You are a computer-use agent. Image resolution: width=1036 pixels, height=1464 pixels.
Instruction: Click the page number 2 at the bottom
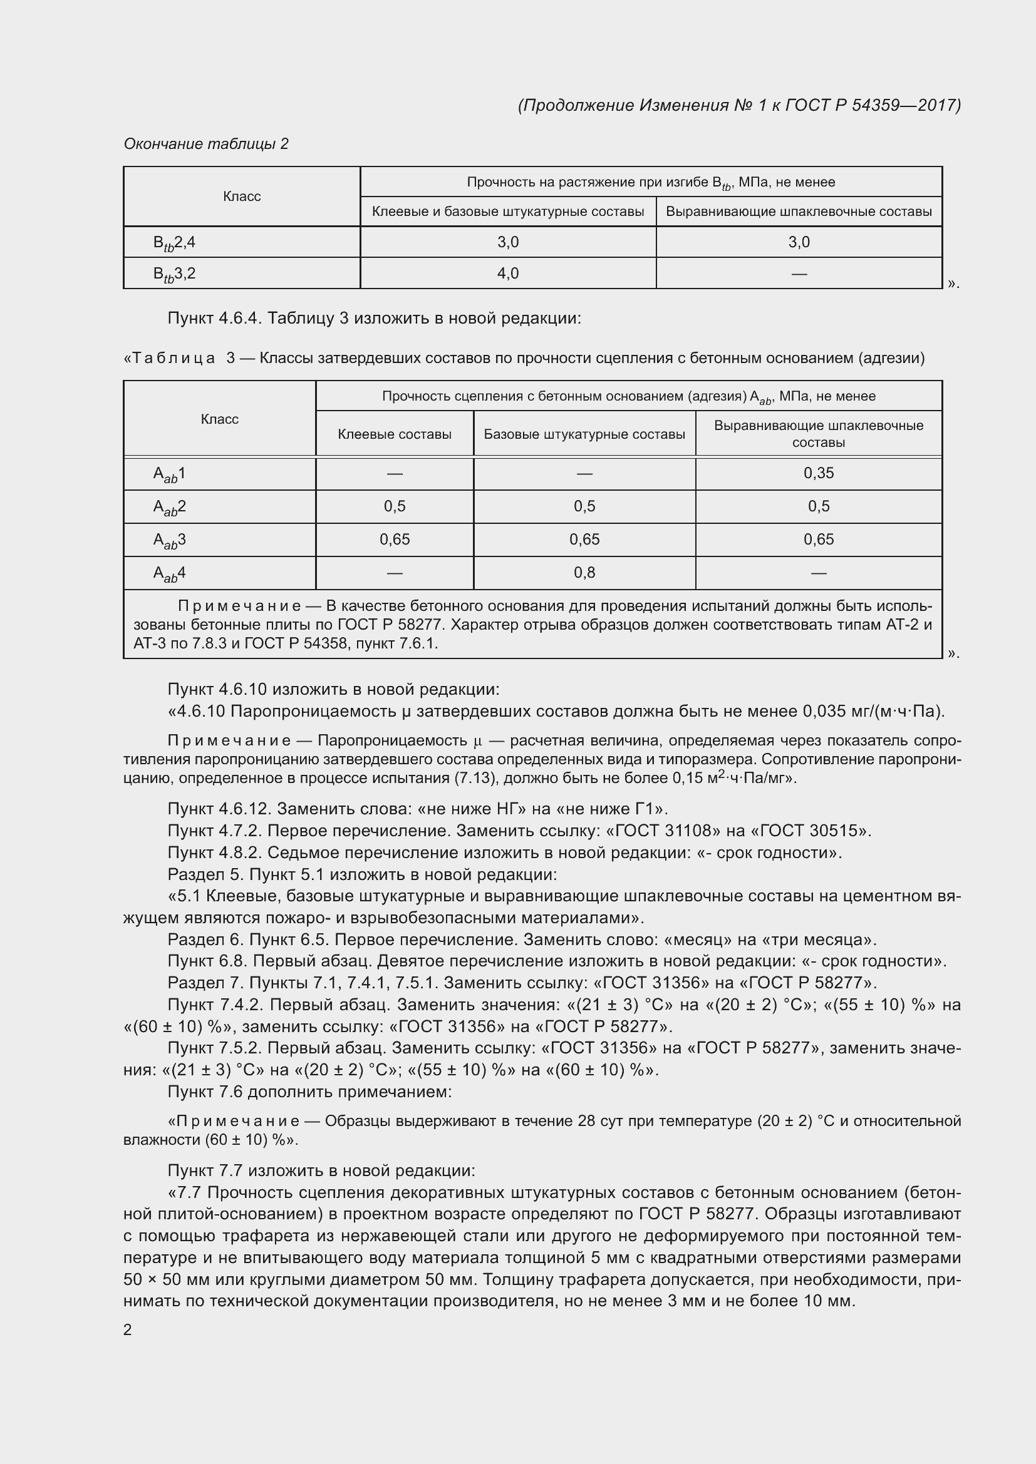128,1329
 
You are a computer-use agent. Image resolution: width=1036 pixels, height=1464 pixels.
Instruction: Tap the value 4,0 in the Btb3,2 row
508,274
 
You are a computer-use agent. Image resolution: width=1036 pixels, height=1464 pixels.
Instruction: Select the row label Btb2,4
174,242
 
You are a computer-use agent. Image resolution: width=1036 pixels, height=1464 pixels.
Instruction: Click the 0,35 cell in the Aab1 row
819,473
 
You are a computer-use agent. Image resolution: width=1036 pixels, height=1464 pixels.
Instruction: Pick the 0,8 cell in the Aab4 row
584,573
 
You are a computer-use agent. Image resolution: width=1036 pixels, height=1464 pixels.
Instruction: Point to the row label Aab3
169,540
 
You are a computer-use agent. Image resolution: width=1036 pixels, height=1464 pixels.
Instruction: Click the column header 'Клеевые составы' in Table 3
394,434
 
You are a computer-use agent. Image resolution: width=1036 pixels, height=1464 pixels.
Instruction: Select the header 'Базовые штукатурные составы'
584,434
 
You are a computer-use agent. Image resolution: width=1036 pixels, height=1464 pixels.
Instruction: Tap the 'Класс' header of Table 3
219,419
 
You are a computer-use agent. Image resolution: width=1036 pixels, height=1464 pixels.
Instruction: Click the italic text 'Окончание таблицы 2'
206,144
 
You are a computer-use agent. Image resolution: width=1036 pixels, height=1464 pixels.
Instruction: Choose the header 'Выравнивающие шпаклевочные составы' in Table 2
799,212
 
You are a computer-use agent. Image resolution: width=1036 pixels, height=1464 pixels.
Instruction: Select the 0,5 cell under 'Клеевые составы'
394,506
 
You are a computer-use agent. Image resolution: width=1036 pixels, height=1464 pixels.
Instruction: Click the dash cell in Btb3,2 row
799,274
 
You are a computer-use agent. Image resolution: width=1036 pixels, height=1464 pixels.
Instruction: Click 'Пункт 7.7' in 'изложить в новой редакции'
205,1170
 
